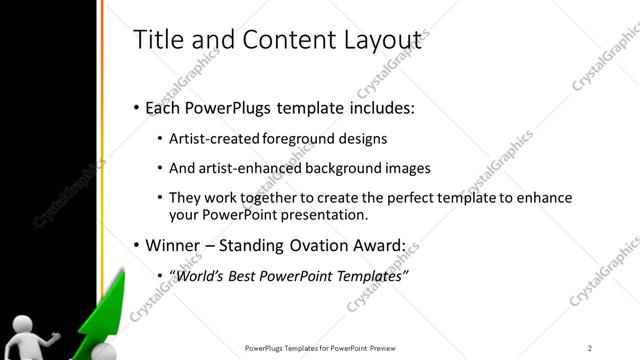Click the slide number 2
pyautogui.click(x=590, y=347)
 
